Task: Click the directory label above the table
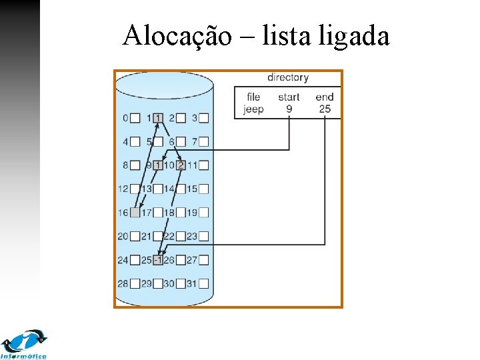pos(288,77)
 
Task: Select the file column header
pos(253,97)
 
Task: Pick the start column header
pos(289,97)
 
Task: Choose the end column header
pos(325,97)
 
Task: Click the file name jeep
pos(253,109)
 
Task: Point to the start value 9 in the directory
pos(289,109)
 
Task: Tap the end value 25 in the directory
pos(325,109)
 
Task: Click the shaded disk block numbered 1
pos(158,118)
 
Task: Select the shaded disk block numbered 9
pos(158,165)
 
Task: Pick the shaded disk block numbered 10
pos(181,165)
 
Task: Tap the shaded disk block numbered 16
pos(135,213)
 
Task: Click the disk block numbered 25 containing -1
pos(158,260)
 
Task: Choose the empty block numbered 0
pos(135,118)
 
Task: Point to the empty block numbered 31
pos(203,283)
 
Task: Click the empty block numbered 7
pos(203,141)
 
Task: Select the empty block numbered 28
pos(135,283)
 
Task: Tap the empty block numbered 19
pos(203,213)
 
